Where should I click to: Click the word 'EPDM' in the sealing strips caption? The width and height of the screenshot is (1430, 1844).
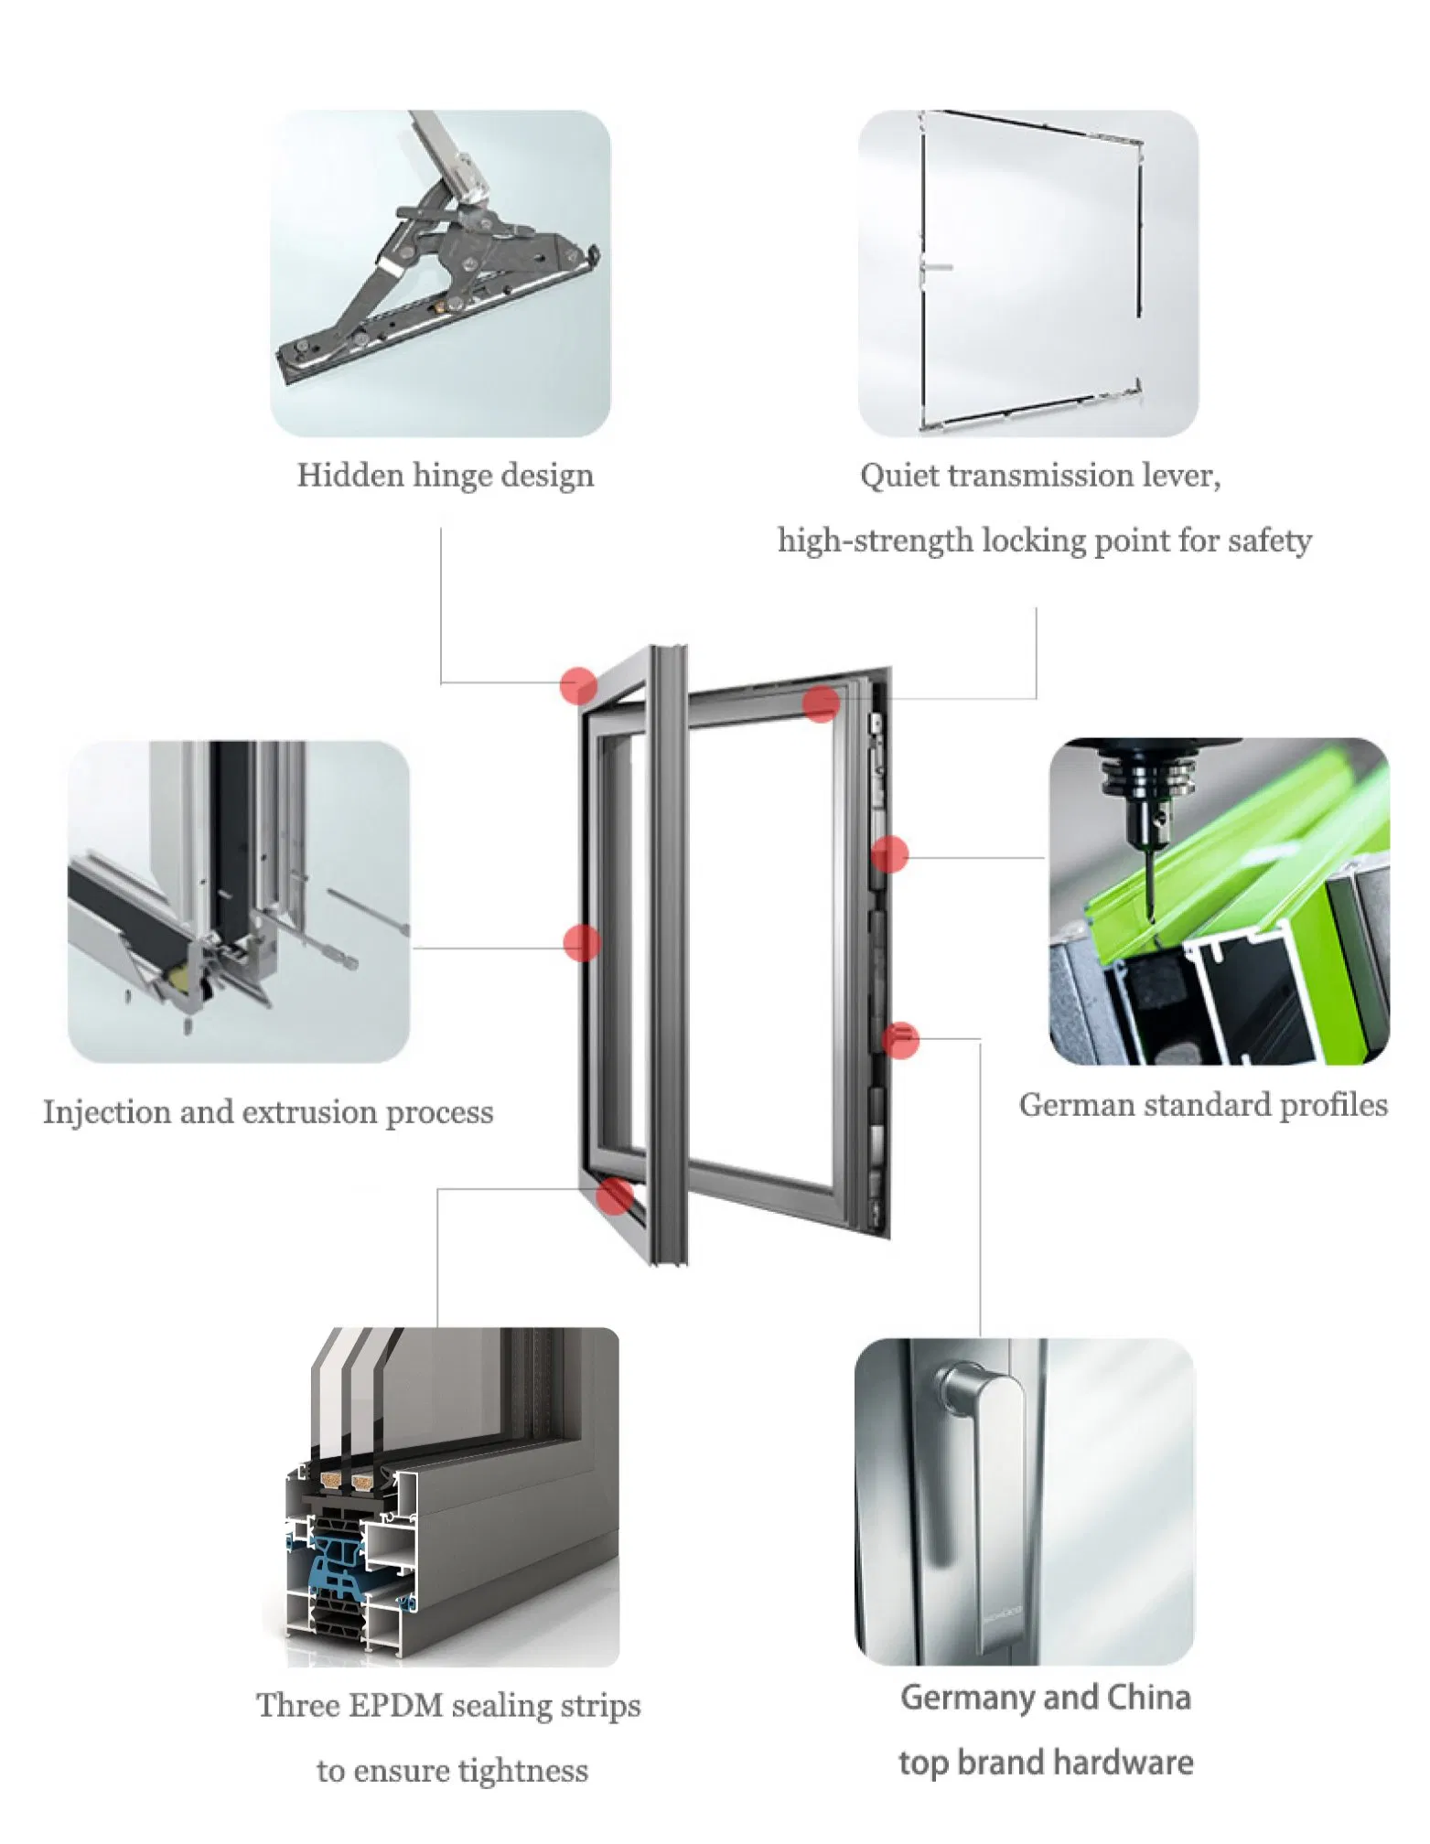(397, 1706)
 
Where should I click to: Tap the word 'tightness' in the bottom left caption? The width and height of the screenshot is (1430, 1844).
(522, 1771)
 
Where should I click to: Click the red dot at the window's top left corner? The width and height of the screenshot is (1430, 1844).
(578, 685)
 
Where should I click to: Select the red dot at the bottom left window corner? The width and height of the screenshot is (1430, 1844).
(614, 1195)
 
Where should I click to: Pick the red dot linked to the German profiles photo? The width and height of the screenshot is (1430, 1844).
(889, 855)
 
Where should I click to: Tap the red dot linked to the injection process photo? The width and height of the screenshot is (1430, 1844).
(582, 943)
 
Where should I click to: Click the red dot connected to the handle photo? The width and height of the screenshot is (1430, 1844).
(900, 1040)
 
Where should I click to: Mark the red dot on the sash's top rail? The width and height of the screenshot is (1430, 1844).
(821, 704)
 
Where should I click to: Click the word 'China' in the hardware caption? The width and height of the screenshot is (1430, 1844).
(1148, 1698)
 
